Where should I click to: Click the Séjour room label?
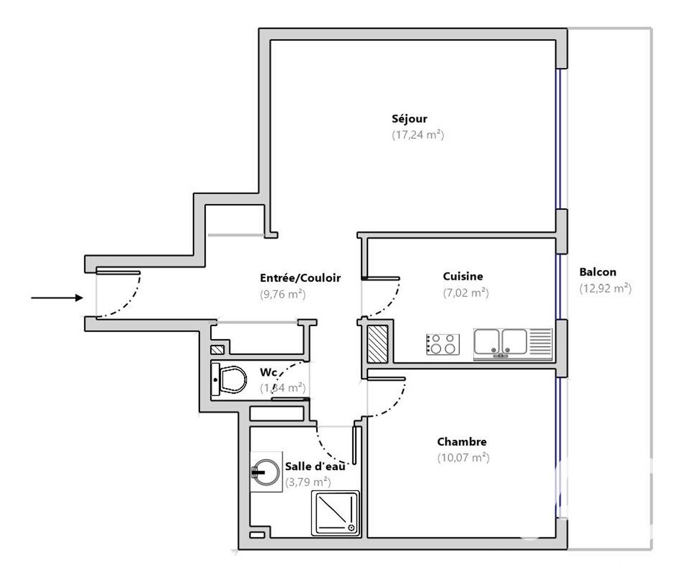coord(409,119)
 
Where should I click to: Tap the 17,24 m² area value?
coord(417,135)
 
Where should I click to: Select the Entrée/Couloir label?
coord(300,278)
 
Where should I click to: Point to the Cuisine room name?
coord(463,276)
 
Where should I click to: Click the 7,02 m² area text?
coord(465,293)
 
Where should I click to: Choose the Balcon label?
coord(597,272)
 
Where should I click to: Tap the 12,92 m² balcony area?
coord(605,288)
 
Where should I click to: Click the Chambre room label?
coord(462,442)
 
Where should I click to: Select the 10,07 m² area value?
coord(463,458)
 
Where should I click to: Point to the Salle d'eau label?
coord(315,466)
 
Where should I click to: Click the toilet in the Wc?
coord(229,380)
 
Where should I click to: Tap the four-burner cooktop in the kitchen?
coord(442,344)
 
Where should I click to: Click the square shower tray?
coord(336,513)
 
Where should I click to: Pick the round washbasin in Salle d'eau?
coord(266,472)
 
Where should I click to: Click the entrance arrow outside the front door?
coord(57,298)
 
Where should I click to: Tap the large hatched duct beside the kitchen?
coord(377,344)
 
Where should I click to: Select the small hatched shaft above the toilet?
coord(217,350)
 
